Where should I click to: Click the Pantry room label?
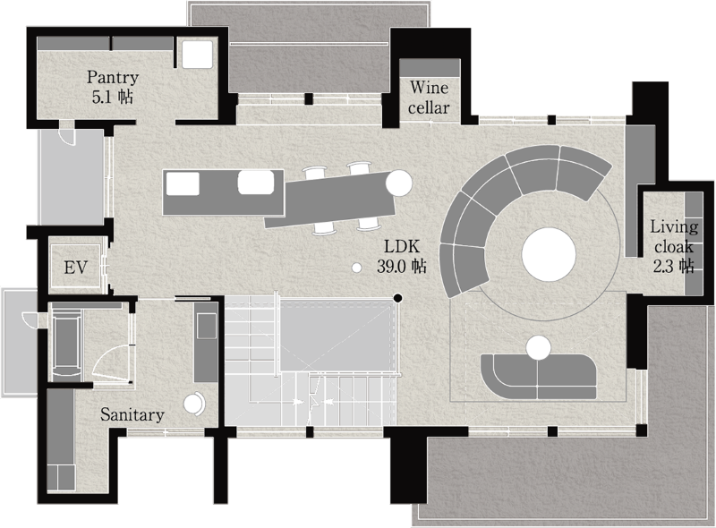[113, 77]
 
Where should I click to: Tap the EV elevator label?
[75, 268]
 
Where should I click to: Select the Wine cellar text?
[429, 98]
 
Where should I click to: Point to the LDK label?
[401, 247]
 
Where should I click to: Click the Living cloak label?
[674, 236]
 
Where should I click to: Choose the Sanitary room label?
[132, 414]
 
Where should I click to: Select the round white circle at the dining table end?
[398, 183]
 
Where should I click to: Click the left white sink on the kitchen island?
[183, 183]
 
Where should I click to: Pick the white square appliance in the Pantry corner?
[198, 54]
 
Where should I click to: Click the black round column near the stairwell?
[397, 298]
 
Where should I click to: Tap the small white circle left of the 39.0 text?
[357, 268]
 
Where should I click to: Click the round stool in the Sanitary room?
[194, 404]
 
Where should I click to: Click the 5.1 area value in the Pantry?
[99, 98]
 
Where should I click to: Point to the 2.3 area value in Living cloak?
[662, 266]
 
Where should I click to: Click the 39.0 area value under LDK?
[391, 266]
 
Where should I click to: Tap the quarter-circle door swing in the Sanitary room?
[109, 360]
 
